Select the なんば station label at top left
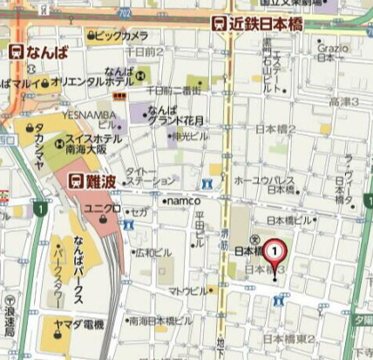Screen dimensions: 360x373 (x=39, y=52)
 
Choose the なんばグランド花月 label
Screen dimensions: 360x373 (x=169, y=116)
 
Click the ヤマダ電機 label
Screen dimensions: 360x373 (x=82, y=324)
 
